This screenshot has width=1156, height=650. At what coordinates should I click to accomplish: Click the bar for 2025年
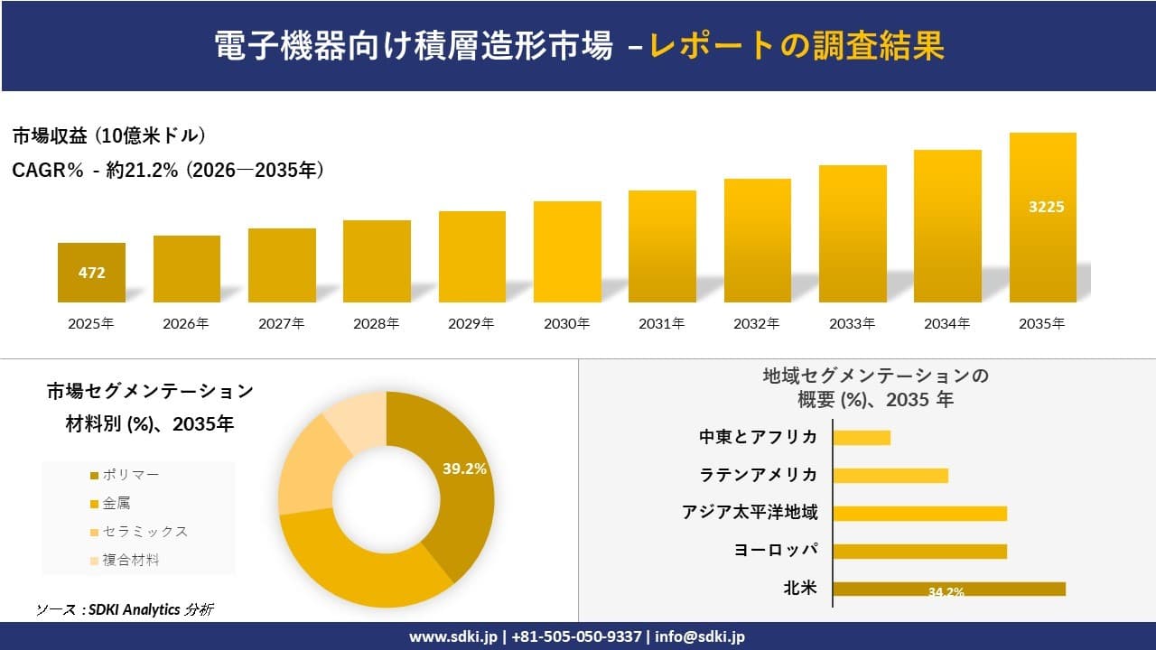click(x=91, y=272)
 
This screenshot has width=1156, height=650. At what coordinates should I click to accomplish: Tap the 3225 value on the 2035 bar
click(x=1046, y=207)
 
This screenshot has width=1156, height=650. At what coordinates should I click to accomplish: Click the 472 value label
click(x=91, y=272)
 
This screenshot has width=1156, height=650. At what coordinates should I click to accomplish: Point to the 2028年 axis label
click(x=377, y=323)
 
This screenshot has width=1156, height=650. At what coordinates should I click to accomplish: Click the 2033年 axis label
click(x=853, y=323)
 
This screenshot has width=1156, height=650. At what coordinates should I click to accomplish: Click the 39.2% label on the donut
click(x=464, y=469)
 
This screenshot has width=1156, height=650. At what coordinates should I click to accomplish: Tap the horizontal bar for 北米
click(x=948, y=589)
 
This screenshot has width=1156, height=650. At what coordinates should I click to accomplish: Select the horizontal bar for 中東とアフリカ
click(x=862, y=437)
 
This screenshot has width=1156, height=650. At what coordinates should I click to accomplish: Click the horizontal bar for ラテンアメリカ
click(x=890, y=475)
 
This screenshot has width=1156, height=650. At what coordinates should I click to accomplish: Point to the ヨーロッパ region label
click(x=776, y=551)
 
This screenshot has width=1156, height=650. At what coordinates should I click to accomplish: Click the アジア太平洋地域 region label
click(x=750, y=513)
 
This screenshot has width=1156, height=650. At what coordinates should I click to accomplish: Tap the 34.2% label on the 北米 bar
click(x=946, y=592)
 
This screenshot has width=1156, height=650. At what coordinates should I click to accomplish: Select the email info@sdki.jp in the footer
click(x=700, y=636)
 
